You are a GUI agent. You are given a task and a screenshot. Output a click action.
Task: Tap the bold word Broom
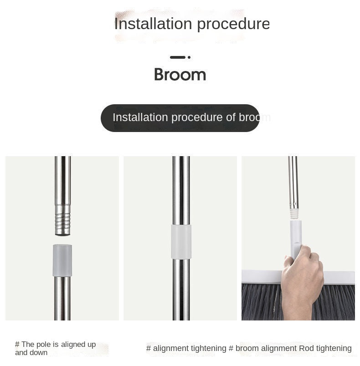click(x=180, y=75)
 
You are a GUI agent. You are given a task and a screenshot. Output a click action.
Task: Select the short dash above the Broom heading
click(x=177, y=57)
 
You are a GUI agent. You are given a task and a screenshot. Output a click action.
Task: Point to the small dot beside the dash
click(x=189, y=57)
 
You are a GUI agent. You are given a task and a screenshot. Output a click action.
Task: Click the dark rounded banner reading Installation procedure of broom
click(x=180, y=118)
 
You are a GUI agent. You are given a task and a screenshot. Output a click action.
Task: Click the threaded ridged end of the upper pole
click(x=63, y=219)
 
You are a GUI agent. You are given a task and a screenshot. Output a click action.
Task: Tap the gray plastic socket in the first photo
click(x=62, y=260)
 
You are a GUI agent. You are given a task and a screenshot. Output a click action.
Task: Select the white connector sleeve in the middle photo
click(x=181, y=241)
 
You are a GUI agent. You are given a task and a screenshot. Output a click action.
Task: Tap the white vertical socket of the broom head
click(x=295, y=234)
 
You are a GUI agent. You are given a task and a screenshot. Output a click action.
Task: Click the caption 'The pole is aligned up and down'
click(x=55, y=349)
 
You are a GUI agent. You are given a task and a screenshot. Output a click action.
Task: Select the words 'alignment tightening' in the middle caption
click(x=189, y=348)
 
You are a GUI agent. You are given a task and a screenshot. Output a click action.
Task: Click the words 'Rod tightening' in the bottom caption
click(x=325, y=348)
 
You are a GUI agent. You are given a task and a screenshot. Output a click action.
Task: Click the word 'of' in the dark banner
click(x=231, y=117)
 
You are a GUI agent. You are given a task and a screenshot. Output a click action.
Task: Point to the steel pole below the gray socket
click(x=62, y=298)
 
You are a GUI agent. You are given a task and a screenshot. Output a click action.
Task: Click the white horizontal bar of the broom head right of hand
click(x=339, y=277)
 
